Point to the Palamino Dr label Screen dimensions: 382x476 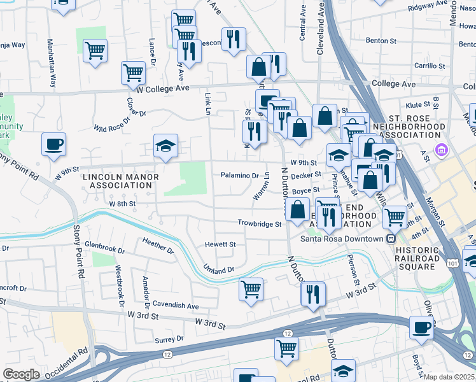[x=240, y=175]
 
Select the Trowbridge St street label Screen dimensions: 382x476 [x=260, y=223]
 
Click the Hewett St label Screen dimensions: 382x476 [x=220, y=244]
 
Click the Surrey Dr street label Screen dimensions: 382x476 [x=169, y=339]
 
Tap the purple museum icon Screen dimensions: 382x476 [x=440, y=150]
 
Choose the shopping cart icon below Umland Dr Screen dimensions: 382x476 [x=251, y=288]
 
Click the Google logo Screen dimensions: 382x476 [x=21, y=374]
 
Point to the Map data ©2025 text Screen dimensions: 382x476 [x=449, y=377]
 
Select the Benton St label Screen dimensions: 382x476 [x=381, y=41]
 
